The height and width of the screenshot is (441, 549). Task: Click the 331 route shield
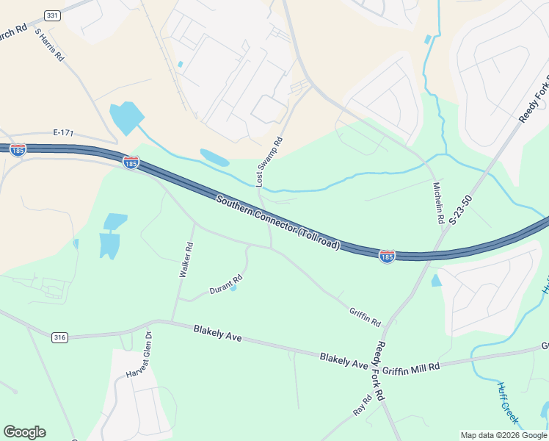coord(51,15)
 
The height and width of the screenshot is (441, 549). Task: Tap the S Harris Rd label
coord(49,46)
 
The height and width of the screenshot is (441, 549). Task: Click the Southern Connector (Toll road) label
coord(278,221)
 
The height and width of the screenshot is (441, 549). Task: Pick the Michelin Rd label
coord(438,203)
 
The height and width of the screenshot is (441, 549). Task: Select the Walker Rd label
coord(186,260)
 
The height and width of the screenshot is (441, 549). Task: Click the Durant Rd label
coord(225,284)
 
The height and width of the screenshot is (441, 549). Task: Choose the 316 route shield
coord(60,337)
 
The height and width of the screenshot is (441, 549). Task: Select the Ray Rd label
coord(362,404)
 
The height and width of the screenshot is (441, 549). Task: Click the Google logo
coord(24,432)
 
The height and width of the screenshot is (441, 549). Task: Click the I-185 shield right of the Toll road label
coord(388,256)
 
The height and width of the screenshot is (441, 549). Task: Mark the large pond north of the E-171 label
coord(126,117)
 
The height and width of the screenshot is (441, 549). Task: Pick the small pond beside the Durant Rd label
coord(233,288)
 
